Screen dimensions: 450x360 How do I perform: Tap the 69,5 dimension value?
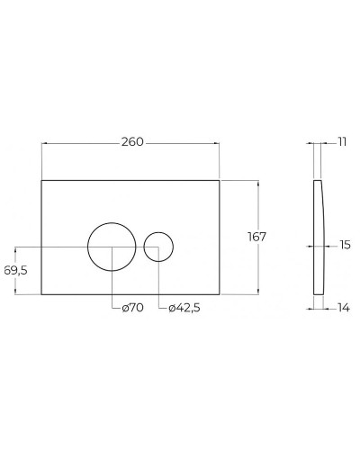[16, 270]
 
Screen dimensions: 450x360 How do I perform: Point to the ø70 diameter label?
[133, 309]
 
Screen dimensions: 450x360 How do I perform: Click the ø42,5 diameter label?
[184, 309]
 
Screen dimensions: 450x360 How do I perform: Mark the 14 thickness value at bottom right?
[342, 308]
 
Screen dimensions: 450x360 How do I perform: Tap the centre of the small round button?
[158, 246]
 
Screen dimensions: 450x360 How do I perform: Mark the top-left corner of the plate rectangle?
[42, 180]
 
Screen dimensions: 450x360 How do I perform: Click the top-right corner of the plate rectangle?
[220, 180]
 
